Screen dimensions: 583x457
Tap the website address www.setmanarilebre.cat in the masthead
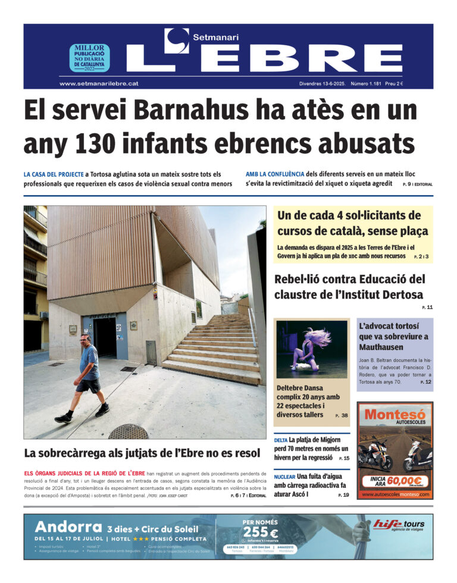point(99,84)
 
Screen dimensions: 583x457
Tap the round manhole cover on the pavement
point(129,431)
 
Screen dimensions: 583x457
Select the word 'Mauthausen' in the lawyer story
point(381,347)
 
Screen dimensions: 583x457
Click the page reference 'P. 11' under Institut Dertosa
point(427,307)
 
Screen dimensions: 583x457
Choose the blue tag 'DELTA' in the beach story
point(280,440)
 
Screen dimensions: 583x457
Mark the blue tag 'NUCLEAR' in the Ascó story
point(284,477)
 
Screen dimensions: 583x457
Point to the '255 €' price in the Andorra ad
point(261,533)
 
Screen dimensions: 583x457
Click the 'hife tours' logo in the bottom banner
point(399,525)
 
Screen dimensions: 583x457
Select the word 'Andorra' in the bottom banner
point(68,527)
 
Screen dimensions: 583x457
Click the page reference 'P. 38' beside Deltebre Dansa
point(341,415)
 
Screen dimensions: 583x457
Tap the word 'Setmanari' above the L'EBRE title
point(215,37)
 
